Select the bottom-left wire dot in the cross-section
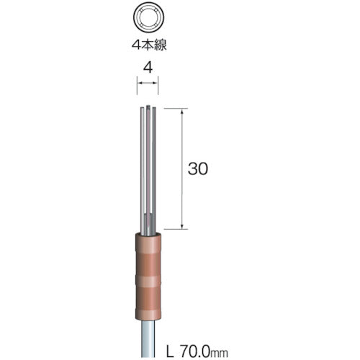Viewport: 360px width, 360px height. (x=143, y=24)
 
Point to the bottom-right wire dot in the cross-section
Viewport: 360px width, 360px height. (x=155, y=24)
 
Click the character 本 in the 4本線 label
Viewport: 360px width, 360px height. (x=149, y=45)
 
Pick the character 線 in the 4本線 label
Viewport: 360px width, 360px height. (x=161, y=45)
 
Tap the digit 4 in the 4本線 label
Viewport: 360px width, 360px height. (x=137, y=45)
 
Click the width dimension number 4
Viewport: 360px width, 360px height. (x=148, y=68)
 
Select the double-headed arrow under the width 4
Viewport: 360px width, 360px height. (x=148, y=83)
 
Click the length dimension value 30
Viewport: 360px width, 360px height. (x=198, y=168)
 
